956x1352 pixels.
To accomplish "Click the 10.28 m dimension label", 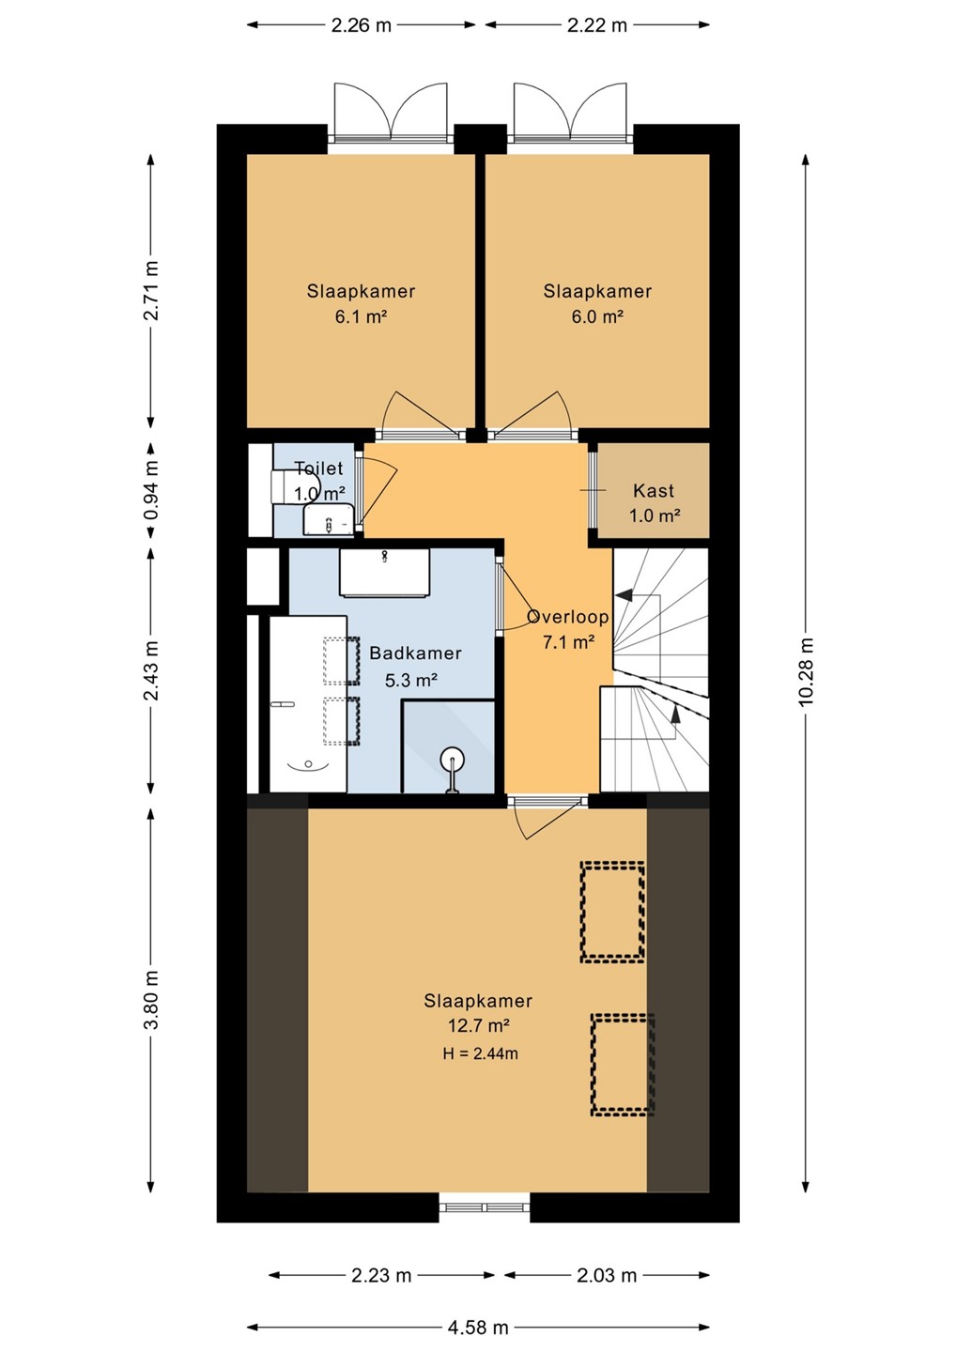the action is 807,670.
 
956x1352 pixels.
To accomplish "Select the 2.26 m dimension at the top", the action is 361,25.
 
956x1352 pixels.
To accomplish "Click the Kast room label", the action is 654,491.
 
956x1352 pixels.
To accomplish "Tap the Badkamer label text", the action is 415,653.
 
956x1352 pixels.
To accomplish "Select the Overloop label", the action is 568,617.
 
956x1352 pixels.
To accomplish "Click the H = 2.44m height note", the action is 480,1053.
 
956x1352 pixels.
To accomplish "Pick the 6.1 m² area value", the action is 361,316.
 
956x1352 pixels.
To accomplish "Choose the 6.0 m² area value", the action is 597,316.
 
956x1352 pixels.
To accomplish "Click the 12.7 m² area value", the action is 479,1025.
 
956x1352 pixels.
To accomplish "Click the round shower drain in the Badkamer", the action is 452,758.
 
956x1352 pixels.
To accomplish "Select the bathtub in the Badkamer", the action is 308,704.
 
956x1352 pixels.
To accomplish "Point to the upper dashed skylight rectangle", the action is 612,912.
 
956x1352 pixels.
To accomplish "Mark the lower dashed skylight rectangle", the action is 623,1065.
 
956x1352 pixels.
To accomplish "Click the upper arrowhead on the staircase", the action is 624,595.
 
